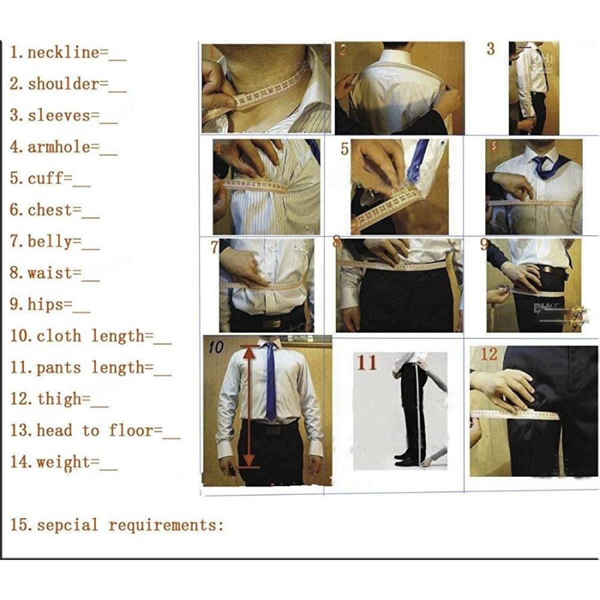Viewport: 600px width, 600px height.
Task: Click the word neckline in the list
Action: tap(63, 53)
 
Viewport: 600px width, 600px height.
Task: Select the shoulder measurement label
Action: tap(63, 84)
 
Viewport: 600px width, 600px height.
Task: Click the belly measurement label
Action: tap(50, 241)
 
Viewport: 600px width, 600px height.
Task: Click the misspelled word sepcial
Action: tap(67, 525)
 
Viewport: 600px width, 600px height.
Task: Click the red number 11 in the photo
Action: tap(367, 363)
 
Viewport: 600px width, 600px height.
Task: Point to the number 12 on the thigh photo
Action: tap(489, 354)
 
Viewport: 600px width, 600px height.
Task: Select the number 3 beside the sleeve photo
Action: tap(491, 49)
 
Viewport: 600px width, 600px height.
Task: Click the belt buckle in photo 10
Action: tap(271, 431)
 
